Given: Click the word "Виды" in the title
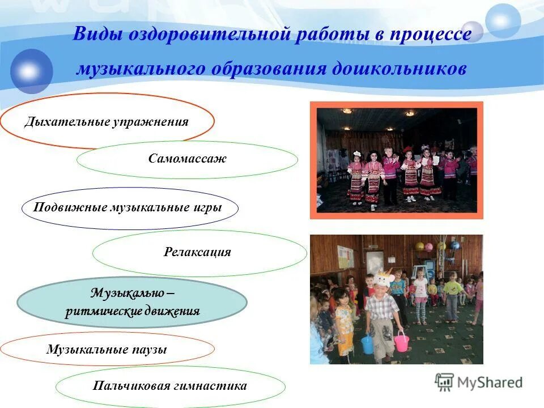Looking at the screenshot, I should (x=96, y=35).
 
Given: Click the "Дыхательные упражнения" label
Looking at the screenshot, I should (x=106, y=122).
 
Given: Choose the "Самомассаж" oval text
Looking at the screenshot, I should (x=187, y=159).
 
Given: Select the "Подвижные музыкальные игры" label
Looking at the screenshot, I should (x=127, y=207).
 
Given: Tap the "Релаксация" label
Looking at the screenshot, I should (x=197, y=252).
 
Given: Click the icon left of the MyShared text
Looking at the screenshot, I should (x=444, y=382).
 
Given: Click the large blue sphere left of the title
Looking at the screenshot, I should (x=31, y=71).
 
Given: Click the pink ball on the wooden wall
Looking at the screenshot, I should (x=429, y=246).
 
